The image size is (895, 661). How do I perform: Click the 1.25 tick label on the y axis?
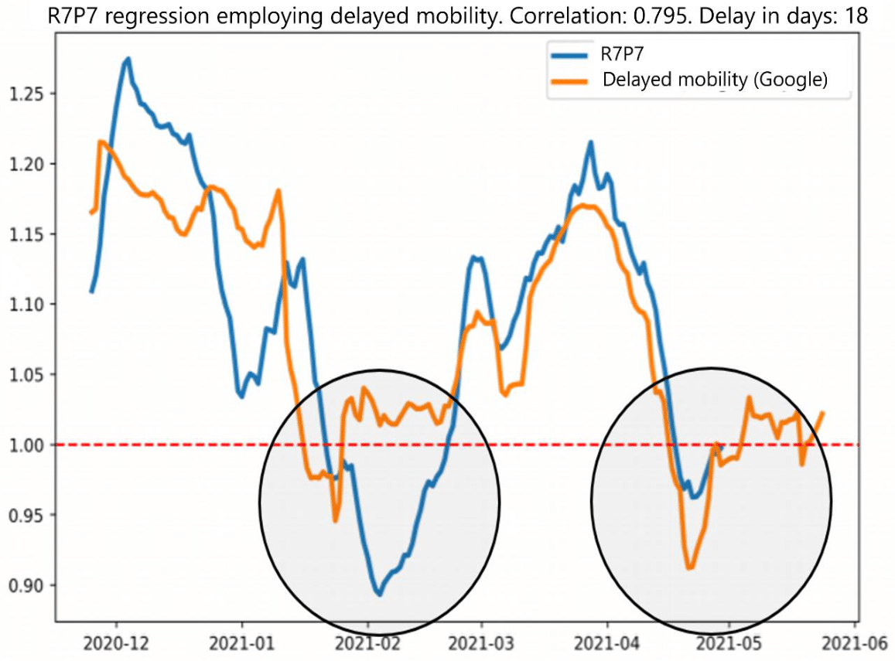click(26, 94)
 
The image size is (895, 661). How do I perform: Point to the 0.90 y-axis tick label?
click(26, 585)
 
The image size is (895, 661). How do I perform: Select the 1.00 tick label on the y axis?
click(26, 445)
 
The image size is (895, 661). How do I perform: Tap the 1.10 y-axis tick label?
click(26, 305)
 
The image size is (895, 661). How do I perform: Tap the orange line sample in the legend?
click(571, 80)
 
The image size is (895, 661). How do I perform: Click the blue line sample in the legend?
click(571, 56)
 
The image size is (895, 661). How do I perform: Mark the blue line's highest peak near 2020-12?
click(128, 58)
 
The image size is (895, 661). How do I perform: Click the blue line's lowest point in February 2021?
click(379, 595)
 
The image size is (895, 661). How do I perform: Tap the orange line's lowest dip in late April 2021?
click(689, 568)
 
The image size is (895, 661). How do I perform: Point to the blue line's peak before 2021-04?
click(591, 142)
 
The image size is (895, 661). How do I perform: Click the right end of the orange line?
click(823, 413)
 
